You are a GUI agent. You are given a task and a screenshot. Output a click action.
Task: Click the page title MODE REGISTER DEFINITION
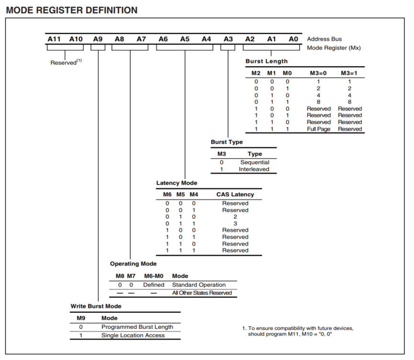click(71, 10)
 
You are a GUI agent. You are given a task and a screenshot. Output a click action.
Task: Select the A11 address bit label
click(54, 39)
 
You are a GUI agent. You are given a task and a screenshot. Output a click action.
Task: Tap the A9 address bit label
click(98, 39)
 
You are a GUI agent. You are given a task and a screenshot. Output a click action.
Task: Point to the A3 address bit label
click(228, 39)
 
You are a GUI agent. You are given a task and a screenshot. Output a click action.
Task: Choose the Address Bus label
click(324, 39)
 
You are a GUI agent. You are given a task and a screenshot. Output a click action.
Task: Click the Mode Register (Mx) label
click(334, 48)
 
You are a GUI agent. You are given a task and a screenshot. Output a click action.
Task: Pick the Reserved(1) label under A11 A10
click(65, 62)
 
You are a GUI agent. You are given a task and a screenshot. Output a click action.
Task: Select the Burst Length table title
click(267, 61)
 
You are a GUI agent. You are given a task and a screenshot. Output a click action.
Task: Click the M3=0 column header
click(318, 73)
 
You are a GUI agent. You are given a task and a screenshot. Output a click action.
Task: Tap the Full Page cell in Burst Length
click(318, 129)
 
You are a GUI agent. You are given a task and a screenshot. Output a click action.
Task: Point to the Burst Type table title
click(227, 142)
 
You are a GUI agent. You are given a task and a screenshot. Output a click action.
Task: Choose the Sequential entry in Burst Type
click(255, 162)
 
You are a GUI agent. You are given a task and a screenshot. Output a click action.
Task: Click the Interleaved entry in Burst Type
click(254, 169)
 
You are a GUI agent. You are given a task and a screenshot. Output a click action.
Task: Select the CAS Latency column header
click(235, 194)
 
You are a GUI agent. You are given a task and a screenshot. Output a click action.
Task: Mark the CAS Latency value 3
click(235, 223)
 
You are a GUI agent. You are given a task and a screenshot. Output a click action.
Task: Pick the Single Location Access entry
click(133, 335)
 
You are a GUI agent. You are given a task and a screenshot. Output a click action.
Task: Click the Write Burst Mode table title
click(96, 306)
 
